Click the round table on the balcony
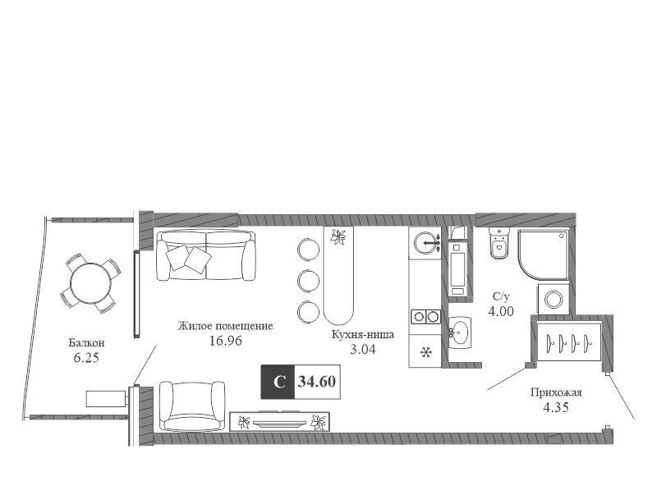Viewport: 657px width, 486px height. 91,284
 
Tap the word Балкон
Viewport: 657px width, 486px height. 86,342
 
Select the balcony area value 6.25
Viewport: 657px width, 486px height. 86,358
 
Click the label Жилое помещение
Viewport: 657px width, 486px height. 225,326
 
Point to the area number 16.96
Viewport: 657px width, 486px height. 225,341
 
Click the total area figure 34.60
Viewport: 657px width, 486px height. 317,382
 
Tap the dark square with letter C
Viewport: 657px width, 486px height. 278,382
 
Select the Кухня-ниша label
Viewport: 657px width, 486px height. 363,334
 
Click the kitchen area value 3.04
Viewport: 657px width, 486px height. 363,350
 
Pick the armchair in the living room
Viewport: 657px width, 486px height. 193,406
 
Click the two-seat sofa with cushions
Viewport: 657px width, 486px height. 206,255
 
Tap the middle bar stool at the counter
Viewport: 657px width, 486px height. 309,281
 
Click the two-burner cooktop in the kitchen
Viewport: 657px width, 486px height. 425,316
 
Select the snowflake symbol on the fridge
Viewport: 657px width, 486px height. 425,352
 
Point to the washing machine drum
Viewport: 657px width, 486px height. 554,299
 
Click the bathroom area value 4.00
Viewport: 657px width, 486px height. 501,311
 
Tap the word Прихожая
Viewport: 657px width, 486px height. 556,392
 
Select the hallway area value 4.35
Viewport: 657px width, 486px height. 556,407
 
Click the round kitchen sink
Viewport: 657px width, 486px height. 425,242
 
